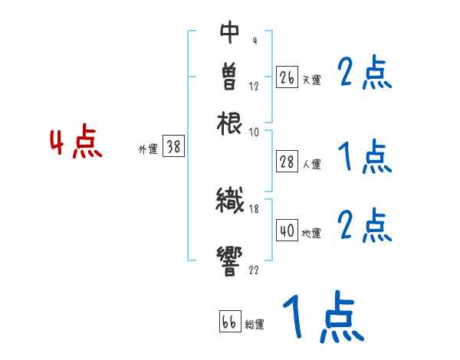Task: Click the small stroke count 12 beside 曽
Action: [254, 87]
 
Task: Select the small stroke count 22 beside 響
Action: [254, 270]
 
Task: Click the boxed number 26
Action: [287, 77]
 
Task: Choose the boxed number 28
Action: [287, 162]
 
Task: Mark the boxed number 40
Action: [287, 231]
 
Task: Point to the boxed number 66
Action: [229, 322]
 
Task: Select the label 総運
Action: [255, 325]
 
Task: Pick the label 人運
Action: [312, 164]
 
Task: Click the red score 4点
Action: [76, 144]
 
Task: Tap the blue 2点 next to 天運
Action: [364, 74]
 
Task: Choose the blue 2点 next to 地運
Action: [364, 225]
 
